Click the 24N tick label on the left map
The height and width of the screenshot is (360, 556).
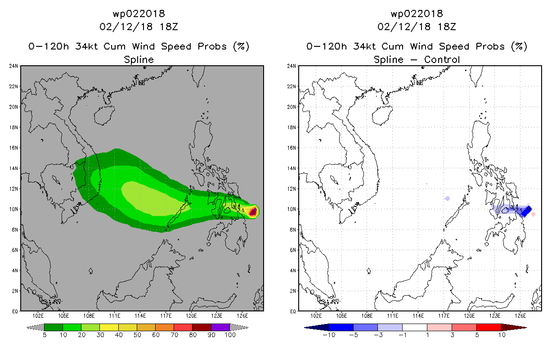coord(13,66)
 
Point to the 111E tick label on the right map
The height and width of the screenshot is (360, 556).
coord(392,316)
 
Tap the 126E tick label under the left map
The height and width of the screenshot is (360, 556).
coord(242,316)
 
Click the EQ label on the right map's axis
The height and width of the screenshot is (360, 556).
coord(293,311)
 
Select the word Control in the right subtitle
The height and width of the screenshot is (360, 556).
coord(442,59)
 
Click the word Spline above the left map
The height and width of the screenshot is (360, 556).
coord(139,59)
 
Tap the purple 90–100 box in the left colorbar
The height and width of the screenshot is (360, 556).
coord(220,327)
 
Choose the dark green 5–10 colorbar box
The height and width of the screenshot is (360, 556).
coord(54,327)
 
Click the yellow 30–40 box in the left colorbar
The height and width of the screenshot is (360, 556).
coord(109,327)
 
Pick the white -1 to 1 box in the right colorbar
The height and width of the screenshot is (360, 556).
coord(414,327)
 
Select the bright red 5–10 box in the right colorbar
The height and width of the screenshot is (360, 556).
coord(489,327)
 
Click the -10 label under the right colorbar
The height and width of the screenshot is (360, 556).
coord(329,335)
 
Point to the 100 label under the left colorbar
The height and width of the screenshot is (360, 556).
coord(230,335)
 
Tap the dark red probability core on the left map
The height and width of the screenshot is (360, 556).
coord(253,212)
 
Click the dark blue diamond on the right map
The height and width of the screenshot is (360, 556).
coord(526,211)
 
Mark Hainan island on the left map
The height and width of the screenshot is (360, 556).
coord(104,115)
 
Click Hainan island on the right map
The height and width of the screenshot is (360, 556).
coord(382,115)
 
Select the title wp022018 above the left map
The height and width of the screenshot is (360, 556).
coord(139,13)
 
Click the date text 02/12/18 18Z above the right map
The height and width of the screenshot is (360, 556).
coord(417,27)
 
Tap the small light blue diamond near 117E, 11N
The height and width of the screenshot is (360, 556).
coord(447,198)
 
